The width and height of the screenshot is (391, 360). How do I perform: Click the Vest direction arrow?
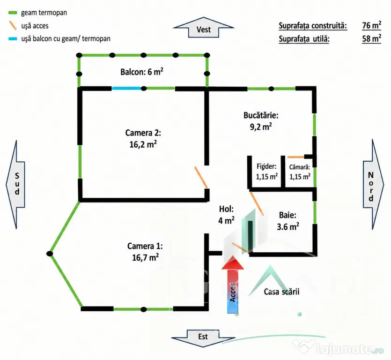pyautogui.click(x=204, y=28)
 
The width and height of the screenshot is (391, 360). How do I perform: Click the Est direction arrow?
pyautogui.click(x=203, y=338)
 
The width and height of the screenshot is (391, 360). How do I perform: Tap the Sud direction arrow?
pyautogui.click(x=15, y=185)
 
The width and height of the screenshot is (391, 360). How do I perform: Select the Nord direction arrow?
pyautogui.click(x=373, y=185)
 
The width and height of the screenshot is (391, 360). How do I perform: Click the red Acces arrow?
pyautogui.click(x=233, y=285)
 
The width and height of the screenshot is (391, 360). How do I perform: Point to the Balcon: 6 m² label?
pyautogui.click(x=141, y=72)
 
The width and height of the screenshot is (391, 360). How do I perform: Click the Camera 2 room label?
pyautogui.click(x=143, y=139)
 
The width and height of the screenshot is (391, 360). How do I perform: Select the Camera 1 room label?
pyautogui.click(x=145, y=252)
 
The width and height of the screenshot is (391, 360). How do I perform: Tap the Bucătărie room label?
pyautogui.click(x=261, y=121)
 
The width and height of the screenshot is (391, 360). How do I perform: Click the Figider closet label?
pyautogui.click(x=266, y=172)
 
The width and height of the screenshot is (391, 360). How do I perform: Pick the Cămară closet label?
pyautogui.click(x=300, y=172)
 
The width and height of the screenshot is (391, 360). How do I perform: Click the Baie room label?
pyautogui.click(x=288, y=221)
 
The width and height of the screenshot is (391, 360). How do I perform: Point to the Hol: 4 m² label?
pyautogui.click(x=227, y=215)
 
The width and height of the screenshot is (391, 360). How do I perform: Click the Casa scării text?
pyautogui.click(x=281, y=292)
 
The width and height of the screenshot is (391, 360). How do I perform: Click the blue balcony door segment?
pyautogui.click(x=126, y=88)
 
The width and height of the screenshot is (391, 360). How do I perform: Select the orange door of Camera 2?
pyautogui.click(x=201, y=177)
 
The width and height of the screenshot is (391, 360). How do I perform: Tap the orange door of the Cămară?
pyautogui.click(x=296, y=157)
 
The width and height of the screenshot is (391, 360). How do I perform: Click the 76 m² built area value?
pyautogui.click(x=371, y=25)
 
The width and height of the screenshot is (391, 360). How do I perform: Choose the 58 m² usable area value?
pyautogui.click(x=371, y=39)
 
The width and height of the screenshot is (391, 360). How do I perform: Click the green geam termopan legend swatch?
pyautogui.click(x=13, y=13)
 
